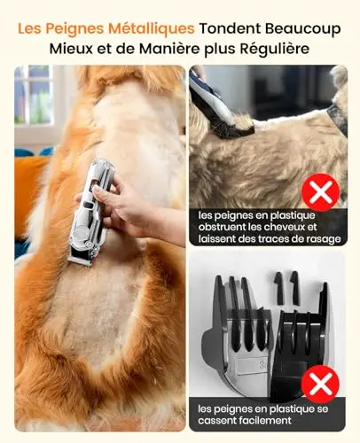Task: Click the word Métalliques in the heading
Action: click(x=151, y=29)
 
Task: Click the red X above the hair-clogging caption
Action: click(x=321, y=192)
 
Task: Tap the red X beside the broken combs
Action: click(x=320, y=384)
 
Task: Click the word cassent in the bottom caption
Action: click(x=212, y=421)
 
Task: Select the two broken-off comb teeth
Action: click(x=286, y=288)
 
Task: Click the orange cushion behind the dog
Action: click(x=28, y=189)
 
